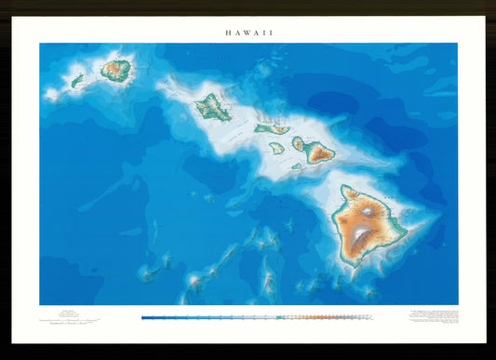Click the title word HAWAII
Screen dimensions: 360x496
pos(248,32)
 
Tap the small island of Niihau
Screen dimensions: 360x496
pos(77,81)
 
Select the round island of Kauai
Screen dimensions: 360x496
pos(116,68)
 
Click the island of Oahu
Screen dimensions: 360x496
pos(213,107)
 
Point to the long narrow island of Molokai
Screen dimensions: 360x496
pos(271,128)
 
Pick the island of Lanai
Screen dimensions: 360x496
pos(276,147)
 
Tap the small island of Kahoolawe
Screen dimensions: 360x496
pos(296,167)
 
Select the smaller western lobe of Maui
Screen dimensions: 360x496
pos(300,143)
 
